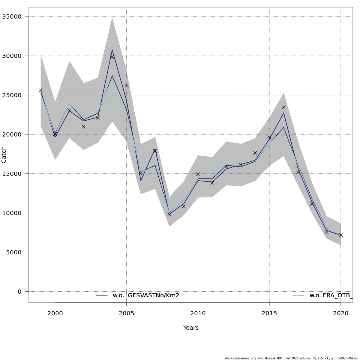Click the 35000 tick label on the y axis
click(12, 16)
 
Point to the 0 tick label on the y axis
click(19, 292)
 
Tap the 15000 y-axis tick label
click(12, 174)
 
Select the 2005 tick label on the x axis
click(126, 313)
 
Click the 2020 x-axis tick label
click(341, 313)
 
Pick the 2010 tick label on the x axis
click(198, 313)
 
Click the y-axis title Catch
click(4, 155)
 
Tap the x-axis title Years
click(191, 328)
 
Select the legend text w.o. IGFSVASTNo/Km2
click(146, 295)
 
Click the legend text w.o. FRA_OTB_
click(331, 295)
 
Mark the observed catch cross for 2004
click(112, 57)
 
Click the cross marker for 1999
click(41, 90)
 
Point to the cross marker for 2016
click(283, 107)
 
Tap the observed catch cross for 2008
click(169, 214)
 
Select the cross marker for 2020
click(341, 235)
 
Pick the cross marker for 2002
click(84, 127)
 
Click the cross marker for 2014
click(255, 153)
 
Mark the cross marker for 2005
click(126, 86)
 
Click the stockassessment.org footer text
click(291, 358)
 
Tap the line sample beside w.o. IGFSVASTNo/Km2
click(102, 295)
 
